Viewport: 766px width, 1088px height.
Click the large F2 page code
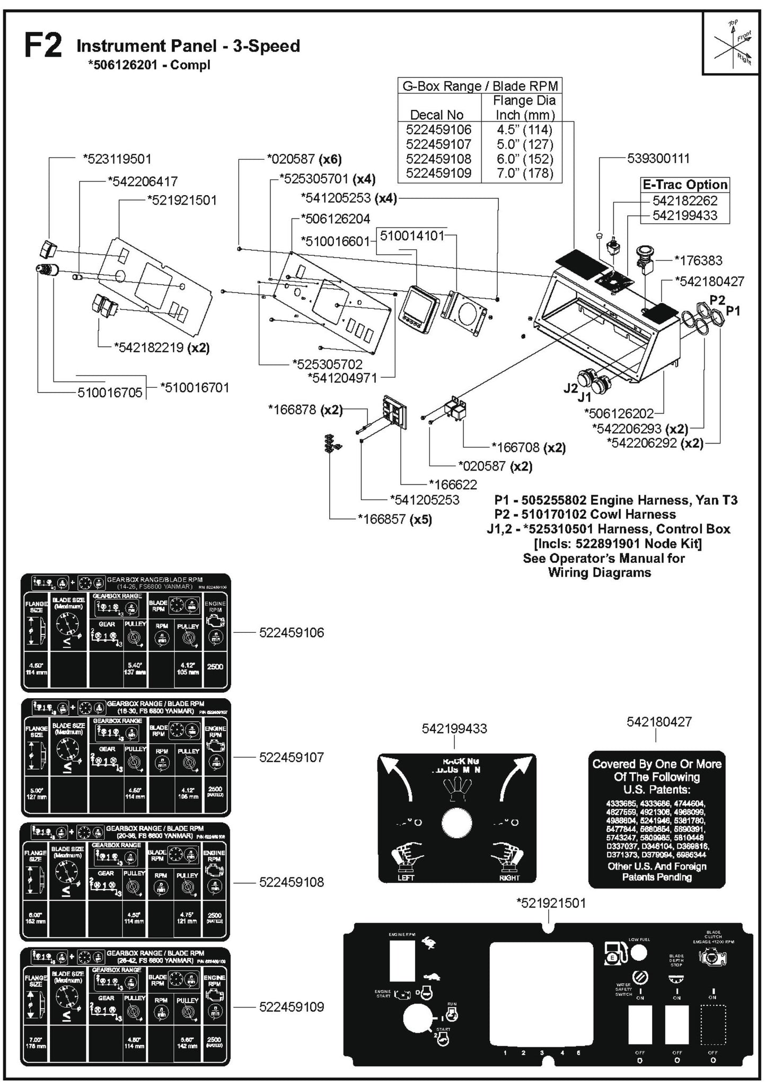click(43, 47)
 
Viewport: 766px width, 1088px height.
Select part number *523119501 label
click(117, 159)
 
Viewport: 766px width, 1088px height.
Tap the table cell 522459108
click(438, 159)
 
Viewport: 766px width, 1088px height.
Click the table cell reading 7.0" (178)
click(524, 173)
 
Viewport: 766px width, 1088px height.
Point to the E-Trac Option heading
click(684, 185)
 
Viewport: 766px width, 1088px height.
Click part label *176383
click(698, 260)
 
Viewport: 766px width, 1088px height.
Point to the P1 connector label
click(733, 311)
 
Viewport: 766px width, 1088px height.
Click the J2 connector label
click(570, 388)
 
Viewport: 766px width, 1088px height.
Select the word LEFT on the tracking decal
click(406, 877)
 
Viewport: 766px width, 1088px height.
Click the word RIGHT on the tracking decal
click(509, 877)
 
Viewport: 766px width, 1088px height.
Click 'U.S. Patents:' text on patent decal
click(656, 789)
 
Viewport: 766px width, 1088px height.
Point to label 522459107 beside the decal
click(291, 757)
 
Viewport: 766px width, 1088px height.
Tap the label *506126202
click(619, 413)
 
